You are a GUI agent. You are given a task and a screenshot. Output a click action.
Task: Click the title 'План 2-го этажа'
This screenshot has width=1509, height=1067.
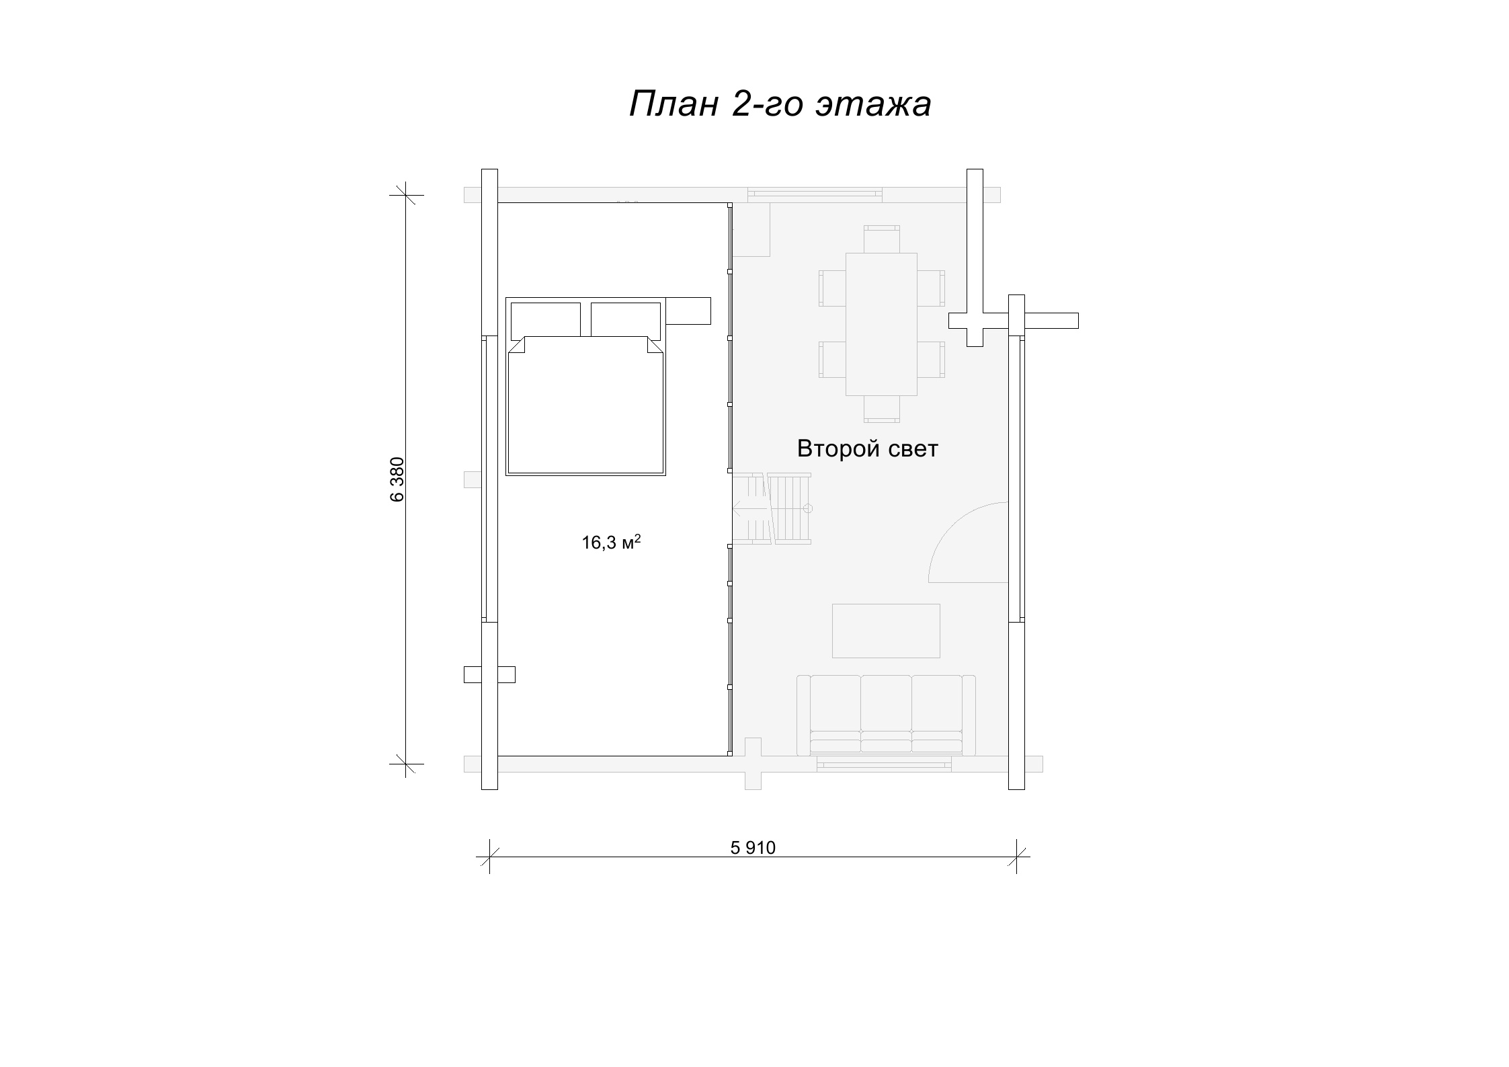780,104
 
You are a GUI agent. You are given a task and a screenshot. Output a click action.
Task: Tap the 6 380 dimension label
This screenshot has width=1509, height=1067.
397,479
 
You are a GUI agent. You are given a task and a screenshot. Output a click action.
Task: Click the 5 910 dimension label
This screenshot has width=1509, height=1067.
753,848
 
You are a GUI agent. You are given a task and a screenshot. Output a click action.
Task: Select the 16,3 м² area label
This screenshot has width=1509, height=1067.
611,542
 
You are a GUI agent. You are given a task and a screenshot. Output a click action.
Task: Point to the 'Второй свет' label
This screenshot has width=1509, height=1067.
867,448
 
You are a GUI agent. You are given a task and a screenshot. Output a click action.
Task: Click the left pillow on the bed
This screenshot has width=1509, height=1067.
546,321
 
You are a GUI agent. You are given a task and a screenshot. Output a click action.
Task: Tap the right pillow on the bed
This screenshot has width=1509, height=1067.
626,321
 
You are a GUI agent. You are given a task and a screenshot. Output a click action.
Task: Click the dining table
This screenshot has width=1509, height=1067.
881,324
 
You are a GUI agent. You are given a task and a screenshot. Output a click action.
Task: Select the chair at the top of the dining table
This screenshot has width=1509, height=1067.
881,239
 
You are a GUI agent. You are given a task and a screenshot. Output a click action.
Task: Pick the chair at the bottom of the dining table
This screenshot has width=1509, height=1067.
881,409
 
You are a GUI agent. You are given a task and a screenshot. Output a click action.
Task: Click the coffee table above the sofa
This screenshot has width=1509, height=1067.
886,631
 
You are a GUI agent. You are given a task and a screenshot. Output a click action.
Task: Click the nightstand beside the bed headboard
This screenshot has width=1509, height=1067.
688,311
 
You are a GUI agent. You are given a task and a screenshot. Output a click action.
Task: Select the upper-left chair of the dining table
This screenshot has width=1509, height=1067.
832,288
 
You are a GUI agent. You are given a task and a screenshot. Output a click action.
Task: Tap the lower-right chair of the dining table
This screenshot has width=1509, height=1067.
931,360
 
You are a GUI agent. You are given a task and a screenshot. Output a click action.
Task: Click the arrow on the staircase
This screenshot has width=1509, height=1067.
749,509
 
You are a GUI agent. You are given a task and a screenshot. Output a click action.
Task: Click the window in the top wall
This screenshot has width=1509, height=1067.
815,194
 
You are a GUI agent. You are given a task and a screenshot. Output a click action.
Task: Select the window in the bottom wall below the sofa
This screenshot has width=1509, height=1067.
884,763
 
